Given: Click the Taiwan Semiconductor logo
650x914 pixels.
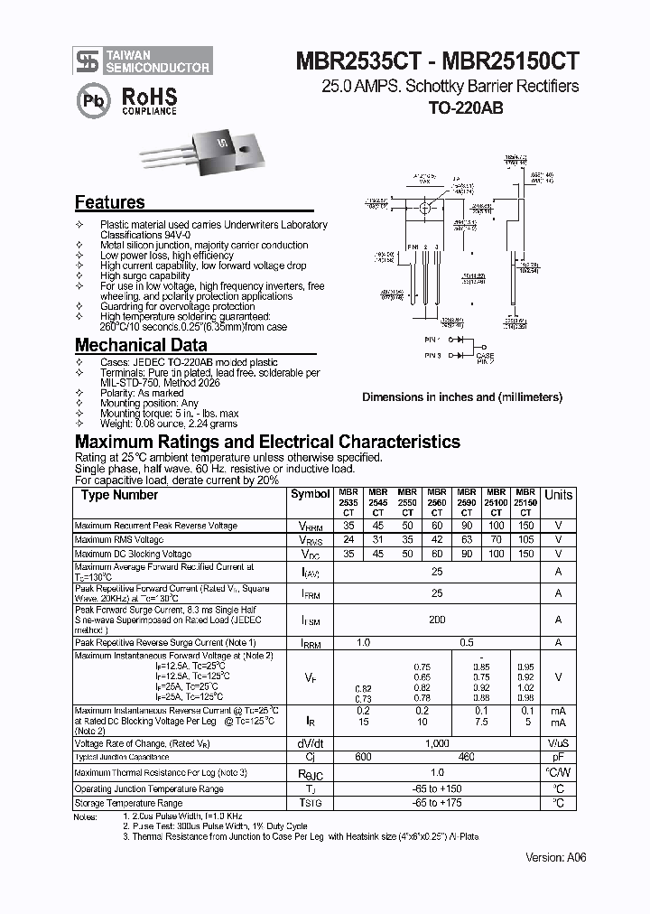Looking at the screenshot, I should [86, 61].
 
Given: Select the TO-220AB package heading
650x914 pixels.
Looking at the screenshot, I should [465, 107].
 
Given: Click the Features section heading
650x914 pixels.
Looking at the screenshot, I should [109, 203].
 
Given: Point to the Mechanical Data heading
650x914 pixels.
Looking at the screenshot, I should [140, 345].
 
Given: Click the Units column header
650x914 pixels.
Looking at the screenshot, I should [558, 495].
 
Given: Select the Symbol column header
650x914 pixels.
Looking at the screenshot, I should [310, 494].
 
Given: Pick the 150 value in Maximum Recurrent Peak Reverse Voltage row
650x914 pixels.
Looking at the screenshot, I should [525, 526].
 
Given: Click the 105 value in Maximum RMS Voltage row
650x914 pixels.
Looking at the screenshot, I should [525, 540].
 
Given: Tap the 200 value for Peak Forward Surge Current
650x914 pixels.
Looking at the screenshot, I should [437, 620].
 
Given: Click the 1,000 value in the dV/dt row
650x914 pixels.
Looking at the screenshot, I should [437, 743].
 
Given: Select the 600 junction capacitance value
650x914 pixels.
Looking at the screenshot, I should [363, 757].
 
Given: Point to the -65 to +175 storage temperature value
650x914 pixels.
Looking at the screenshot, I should [437, 803].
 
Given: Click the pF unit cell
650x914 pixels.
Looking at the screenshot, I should [558, 757].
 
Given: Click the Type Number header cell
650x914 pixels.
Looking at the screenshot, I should [119, 495].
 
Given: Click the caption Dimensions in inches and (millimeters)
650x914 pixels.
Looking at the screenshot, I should [462, 397].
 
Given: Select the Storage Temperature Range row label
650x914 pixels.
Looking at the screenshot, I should [128, 803].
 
